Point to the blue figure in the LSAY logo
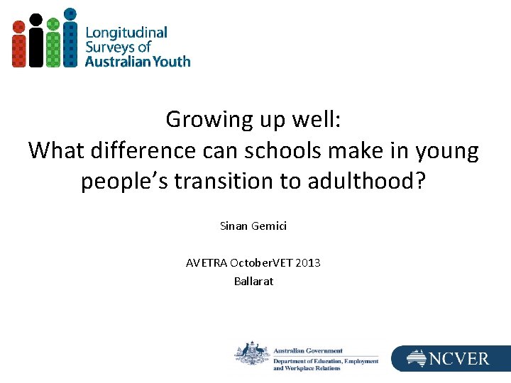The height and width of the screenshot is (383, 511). (70, 38)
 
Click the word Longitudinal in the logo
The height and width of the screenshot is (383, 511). (126, 33)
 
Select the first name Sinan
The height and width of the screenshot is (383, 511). (233, 227)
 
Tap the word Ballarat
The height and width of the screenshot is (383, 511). (253, 281)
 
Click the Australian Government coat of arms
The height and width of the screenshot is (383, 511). (251, 353)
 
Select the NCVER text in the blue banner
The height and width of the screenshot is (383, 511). (458, 359)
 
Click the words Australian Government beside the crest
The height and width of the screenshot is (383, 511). (308, 350)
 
